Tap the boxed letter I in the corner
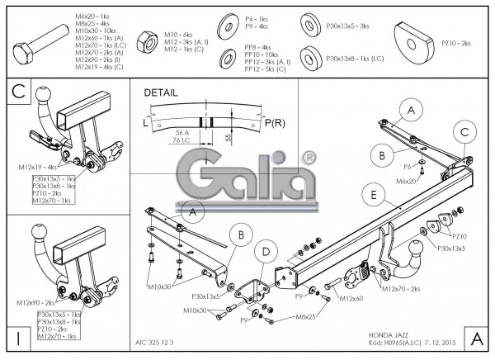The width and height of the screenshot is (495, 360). click(x=17, y=338)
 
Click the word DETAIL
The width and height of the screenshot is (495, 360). click(x=160, y=93)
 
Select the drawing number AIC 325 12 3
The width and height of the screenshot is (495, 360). click(x=156, y=340)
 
